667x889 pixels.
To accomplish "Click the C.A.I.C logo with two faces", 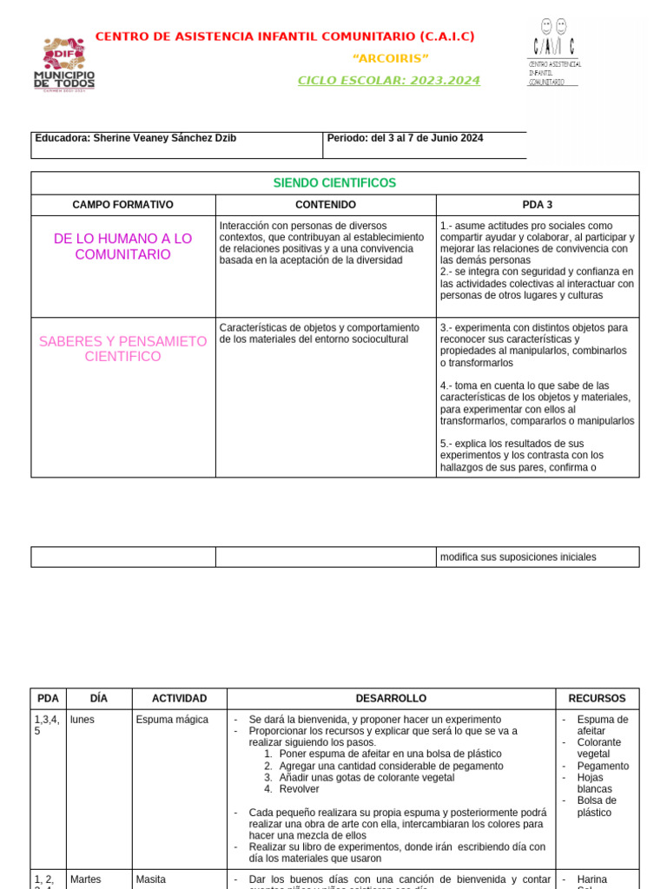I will click(554, 52).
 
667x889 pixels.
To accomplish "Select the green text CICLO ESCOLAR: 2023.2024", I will click(388, 81).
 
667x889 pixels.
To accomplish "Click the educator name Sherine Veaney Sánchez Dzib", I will click(135, 138).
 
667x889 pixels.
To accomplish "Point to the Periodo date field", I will click(405, 138).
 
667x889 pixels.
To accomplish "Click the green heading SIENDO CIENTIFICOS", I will click(334, 183).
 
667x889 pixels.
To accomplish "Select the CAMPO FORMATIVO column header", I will click(122, 205).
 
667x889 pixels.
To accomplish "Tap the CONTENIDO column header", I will click(326, 205).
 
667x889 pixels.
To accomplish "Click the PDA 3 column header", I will click(537, 205).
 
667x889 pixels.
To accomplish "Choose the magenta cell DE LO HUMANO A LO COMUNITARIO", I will click(122, 247).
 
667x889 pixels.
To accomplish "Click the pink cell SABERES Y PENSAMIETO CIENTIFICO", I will click(122, 349).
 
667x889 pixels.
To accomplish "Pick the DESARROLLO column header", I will click(391, 698).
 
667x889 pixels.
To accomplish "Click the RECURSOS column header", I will click(597, 698).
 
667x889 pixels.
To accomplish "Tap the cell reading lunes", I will click(83, 720).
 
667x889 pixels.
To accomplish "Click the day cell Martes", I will click(86, 879).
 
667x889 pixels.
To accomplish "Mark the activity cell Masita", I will click(151, 879).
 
